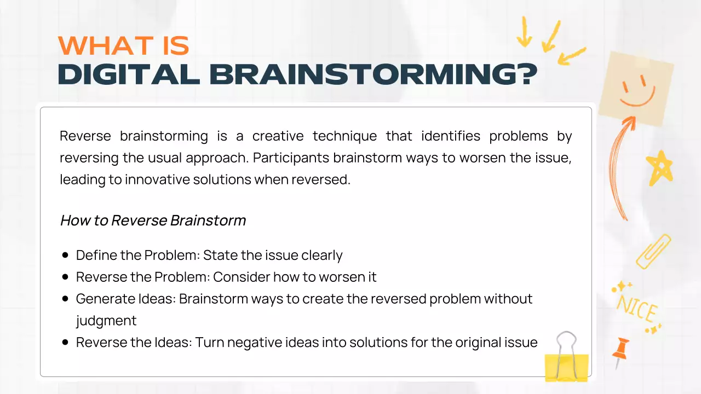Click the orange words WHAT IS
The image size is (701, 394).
(x=123, y=46)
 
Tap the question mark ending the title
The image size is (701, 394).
(x=526, y=75)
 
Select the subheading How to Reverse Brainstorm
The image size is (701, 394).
(x=153, y=221)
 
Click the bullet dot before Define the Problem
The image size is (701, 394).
(x=65, y=256)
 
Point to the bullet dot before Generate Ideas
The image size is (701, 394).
(x=65, y=299)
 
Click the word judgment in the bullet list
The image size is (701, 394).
(x=106, y=321)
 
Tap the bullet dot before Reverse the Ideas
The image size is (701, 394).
(x=65, y=343)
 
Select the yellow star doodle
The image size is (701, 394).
(x=658, y=167)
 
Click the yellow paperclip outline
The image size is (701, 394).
(x=653, y=252)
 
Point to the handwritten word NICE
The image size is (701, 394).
(x=637, y=309)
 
